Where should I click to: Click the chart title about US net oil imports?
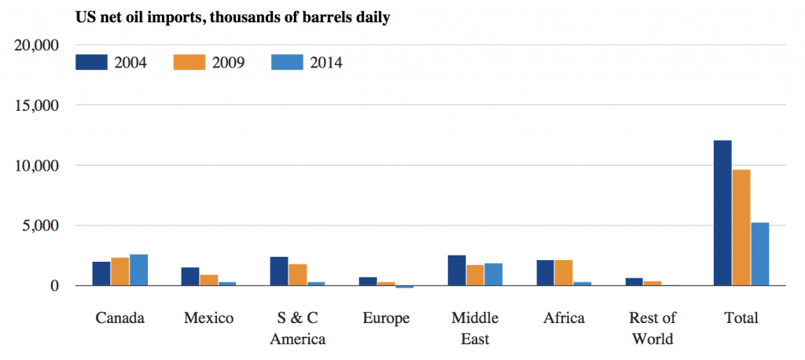click(233, 17)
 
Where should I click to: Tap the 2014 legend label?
click(325, 62)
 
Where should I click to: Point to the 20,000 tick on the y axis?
click(37, 46)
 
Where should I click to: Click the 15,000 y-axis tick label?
click(37, 105)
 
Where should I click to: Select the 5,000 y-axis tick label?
click(40, 226)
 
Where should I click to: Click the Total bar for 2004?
click(722, 213)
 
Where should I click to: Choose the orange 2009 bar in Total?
click(741, 228)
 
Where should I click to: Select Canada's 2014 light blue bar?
click(139, 270)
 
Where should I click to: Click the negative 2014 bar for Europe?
click(405, 287)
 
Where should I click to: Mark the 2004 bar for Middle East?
click(457, 270)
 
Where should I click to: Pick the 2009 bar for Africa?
click(564, 273)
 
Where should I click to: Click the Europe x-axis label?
click(386, 318)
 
